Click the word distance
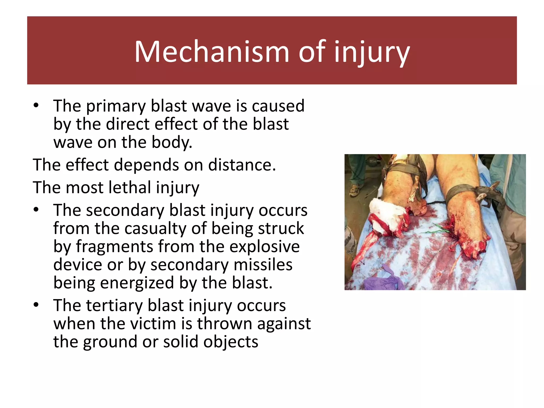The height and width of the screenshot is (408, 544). point(242,165)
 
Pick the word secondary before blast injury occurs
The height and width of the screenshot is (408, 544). point(125,210)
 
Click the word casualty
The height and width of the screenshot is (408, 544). point(155,228)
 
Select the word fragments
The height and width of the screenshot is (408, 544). point(114,246)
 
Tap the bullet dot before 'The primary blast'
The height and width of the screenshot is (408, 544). point(36,106)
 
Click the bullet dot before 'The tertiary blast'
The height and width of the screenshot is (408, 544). point(36,305)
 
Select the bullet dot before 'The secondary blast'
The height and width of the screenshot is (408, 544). point(36,210)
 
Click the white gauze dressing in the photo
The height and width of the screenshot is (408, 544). point(384,215)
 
